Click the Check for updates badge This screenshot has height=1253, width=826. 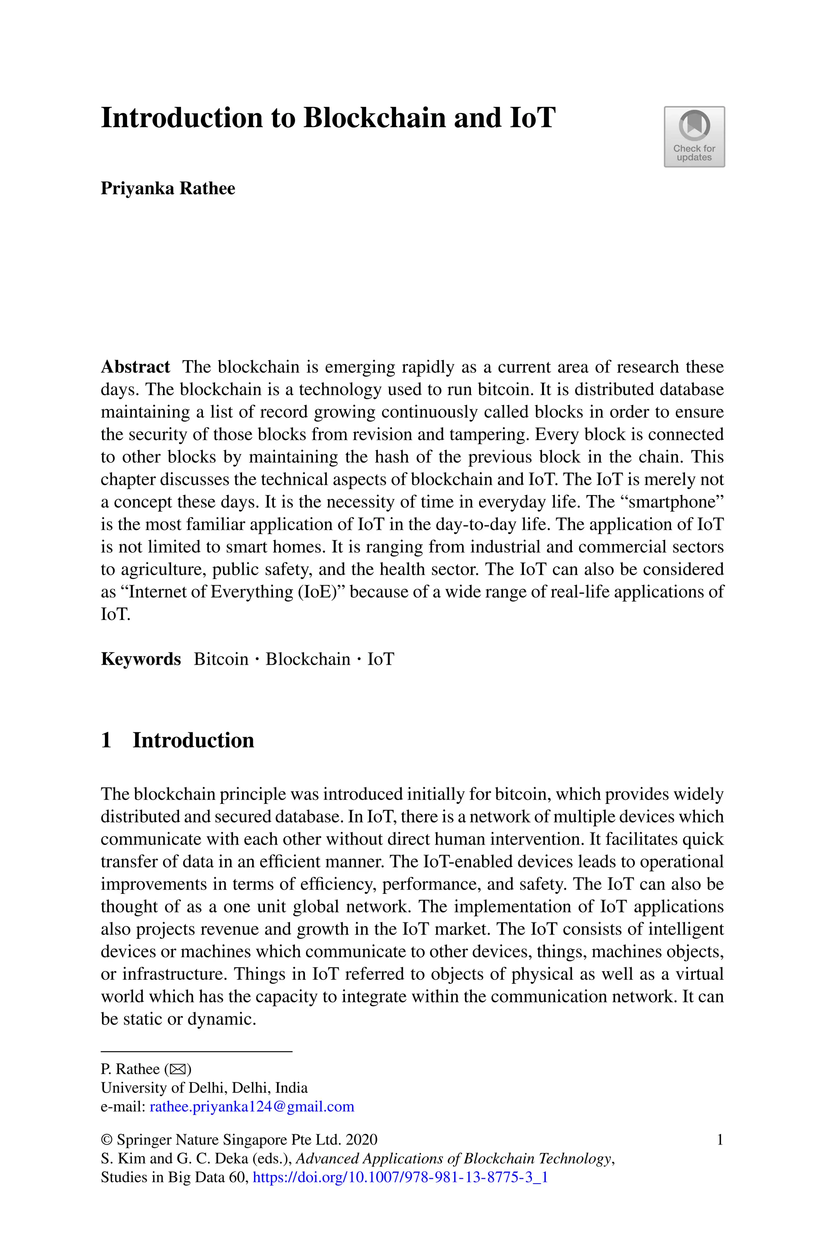click(x=694, y=137)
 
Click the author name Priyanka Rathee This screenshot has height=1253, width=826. click(x=167, y=188)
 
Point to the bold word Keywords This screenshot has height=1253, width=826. click(x=141, y=659)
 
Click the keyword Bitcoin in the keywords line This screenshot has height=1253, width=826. click(x=221, y=659)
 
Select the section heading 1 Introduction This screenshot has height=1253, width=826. click(x=177, y=741)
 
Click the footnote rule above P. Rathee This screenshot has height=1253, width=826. click(x=196, y=1052)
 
